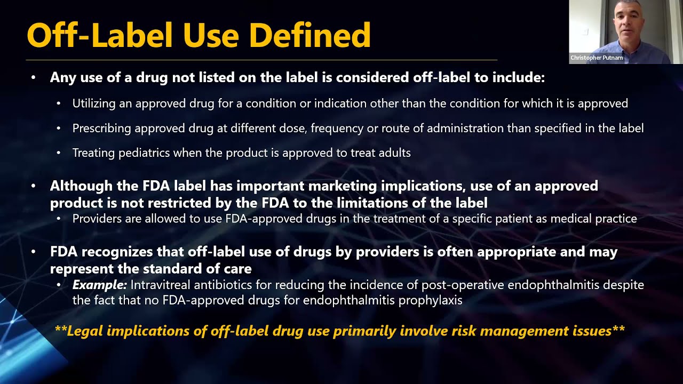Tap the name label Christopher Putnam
597,58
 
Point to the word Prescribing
102,129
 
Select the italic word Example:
100,285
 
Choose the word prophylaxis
435,300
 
